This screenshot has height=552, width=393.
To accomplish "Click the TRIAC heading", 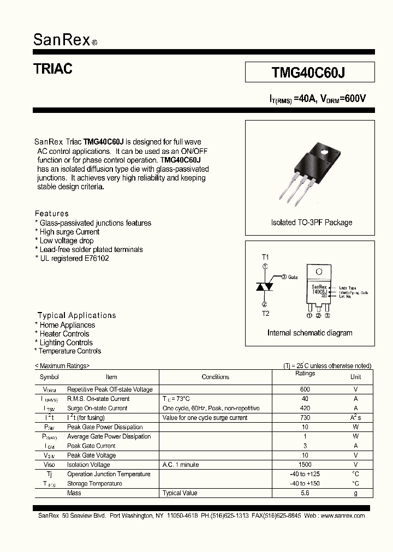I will pyautogui.click(x=53, y=69).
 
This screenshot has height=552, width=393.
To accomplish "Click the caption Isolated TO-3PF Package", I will pyautogui.click(x=311, y=223).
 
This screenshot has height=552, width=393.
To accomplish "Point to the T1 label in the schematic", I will pyautogui.click(x=265, y=256).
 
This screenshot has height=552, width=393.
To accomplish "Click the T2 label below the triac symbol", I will pyautogui.click(x=265, y=314).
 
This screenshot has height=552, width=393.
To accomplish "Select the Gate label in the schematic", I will pyautogui.click(x=293, y=277).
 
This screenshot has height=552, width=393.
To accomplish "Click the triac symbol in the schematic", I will pyautogui.click(x=265, y=286).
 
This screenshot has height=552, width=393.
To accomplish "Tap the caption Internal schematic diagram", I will pyautogui.click(x=309, y=333).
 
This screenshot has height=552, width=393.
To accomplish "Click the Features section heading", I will pyautogui.click(x=52, y=213).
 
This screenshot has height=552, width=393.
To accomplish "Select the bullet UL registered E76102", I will pyautogui.click(x=74, y=258).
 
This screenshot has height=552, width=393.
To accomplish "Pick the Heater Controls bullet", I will pyautogui.click(x=64, y=334).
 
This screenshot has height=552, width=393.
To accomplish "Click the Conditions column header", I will pyautogui.click(x=215, y=377).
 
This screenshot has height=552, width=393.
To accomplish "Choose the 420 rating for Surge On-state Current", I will pyautogui.click(x=305, y=408).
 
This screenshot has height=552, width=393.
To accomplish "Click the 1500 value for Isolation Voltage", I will pyautogui.click(x=305, y=465).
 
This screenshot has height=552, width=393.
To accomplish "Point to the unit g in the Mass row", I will pyautogui.click(x=355, y=493).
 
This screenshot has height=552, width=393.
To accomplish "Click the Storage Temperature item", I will pyautogui.click(x=94, y=484).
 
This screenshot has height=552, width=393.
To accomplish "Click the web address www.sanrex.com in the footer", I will pyautogui.click(x=343, y=515).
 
